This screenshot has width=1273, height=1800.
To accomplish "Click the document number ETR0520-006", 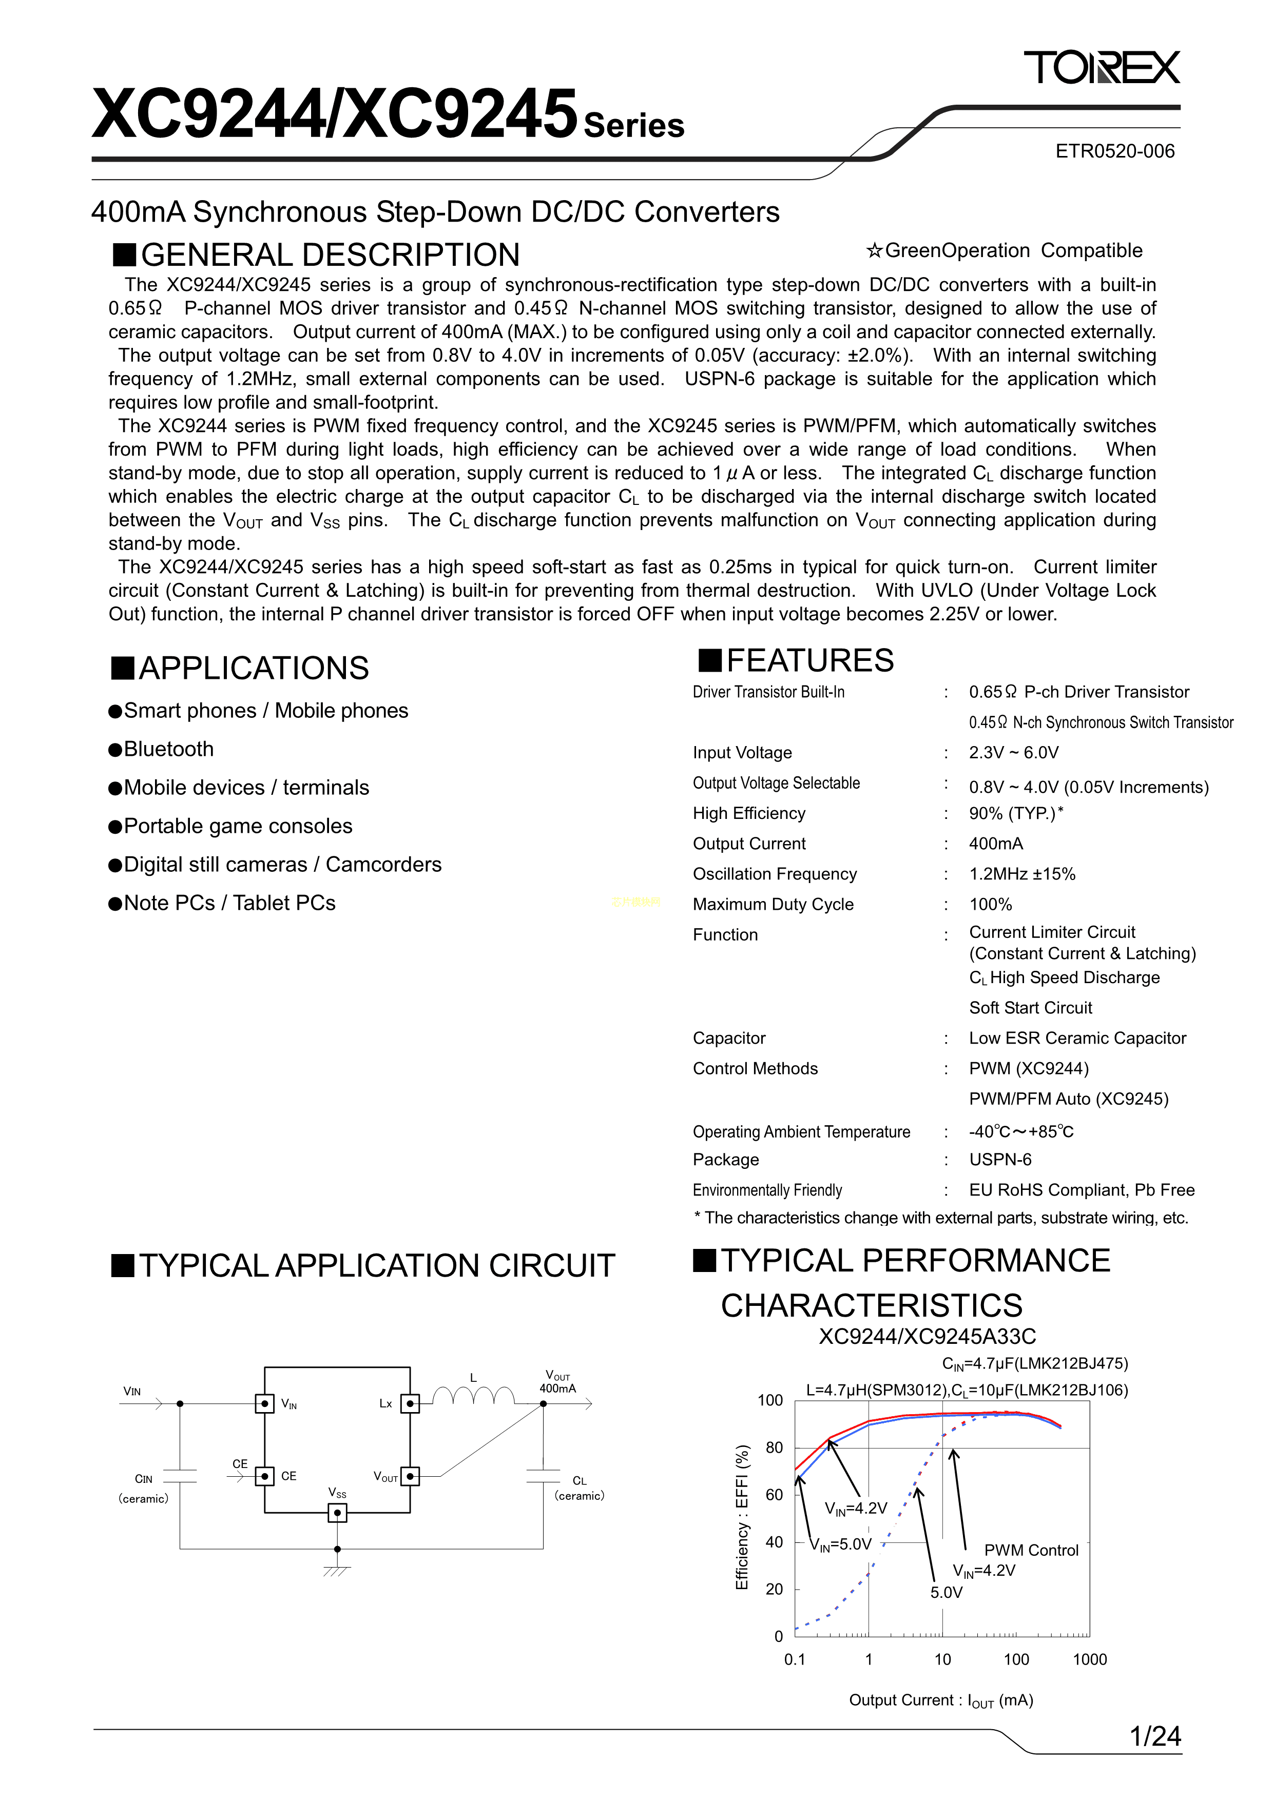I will point(1114,151).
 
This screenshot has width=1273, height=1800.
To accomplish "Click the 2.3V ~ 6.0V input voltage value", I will point(1013,753).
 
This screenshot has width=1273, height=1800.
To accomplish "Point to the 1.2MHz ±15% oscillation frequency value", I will point(1022,874).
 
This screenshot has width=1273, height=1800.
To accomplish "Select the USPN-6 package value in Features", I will point(1000,1160).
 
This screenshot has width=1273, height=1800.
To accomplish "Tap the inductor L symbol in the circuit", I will point(473,1396).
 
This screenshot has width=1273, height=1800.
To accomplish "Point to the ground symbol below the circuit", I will point(337,1570).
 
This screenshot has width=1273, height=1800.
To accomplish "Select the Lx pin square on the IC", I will point(410,1403).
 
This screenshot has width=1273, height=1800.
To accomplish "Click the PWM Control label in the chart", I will point(1031,1551).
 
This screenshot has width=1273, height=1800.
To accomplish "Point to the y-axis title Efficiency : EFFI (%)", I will point(742,1517).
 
